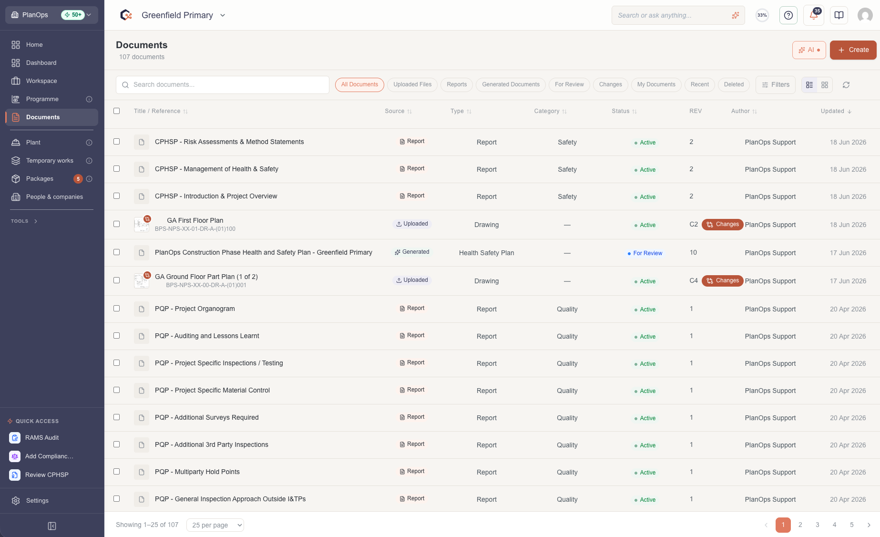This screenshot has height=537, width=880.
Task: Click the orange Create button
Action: (853, 50)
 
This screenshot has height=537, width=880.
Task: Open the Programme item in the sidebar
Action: (42, 99)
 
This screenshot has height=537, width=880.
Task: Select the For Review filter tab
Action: (569, 85)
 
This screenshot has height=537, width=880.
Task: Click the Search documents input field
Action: (223, 85)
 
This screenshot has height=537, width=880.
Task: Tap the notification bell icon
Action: (814, 15)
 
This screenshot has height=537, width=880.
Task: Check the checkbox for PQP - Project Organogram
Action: (117, 309)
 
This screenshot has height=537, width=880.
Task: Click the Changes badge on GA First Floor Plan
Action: (722, 225)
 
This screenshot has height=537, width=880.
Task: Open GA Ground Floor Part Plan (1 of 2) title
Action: (206, 277)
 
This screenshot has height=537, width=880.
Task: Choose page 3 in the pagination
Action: (818, 525)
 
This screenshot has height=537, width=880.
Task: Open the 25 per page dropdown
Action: (215, 525)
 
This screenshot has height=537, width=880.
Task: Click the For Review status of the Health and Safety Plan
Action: (645, 253)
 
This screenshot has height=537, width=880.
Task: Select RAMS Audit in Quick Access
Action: (42, 438)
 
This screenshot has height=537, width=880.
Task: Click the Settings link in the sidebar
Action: (37, 501)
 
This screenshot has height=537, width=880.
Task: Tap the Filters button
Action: (776, 85)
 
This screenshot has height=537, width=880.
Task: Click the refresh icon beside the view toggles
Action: (846, 85)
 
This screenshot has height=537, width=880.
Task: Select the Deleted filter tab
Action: (734, 85)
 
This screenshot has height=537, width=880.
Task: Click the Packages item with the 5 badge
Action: (40, 179)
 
